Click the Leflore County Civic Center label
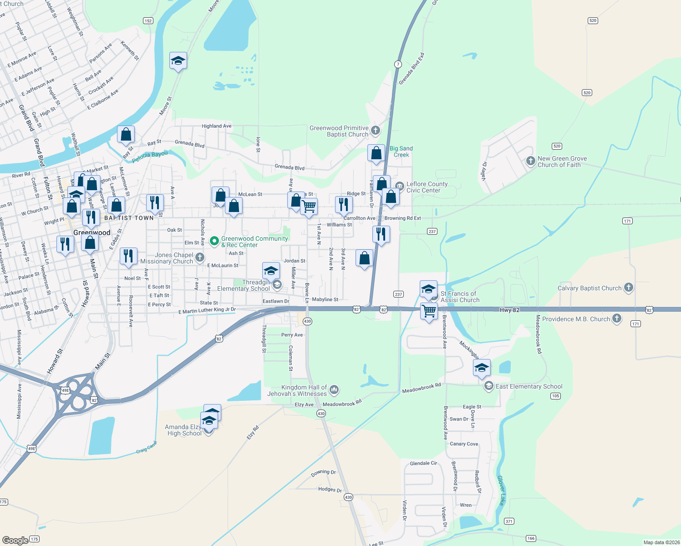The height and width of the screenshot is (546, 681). click(x=427, y=187)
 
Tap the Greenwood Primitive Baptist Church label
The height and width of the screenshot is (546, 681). click(x=339, y=131)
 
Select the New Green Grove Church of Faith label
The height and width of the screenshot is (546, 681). click(x=562, y=162)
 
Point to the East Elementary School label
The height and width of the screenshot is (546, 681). click(x=529, y=386)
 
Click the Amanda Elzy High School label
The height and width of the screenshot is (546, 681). click(x=184, y=430)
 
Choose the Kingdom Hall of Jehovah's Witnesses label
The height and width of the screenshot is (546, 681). click(x=297, y=390)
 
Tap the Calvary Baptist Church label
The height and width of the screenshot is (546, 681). click(x=589, y=288)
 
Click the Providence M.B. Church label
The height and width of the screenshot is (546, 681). click(x=576, y=319)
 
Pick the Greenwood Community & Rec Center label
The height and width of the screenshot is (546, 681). click(x=254, y=242)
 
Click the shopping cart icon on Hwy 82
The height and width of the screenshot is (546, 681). click(x=429, y=311)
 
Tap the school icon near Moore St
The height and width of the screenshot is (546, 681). click(x=178, y=61)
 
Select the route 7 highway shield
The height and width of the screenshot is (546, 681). click(x=398, y=64)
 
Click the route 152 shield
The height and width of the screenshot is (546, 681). click(x=148, y=20)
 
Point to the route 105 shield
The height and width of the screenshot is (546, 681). click(x=555, y=396)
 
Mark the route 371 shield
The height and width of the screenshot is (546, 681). click(x=509, y=521)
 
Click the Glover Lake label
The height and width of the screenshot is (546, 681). click(x=501, y=490)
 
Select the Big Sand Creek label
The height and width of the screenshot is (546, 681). click(x=401, y=152)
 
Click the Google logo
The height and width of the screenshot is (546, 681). click(x=15, y=540)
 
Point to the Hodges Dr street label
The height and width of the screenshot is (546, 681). click(x=330, y=489)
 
